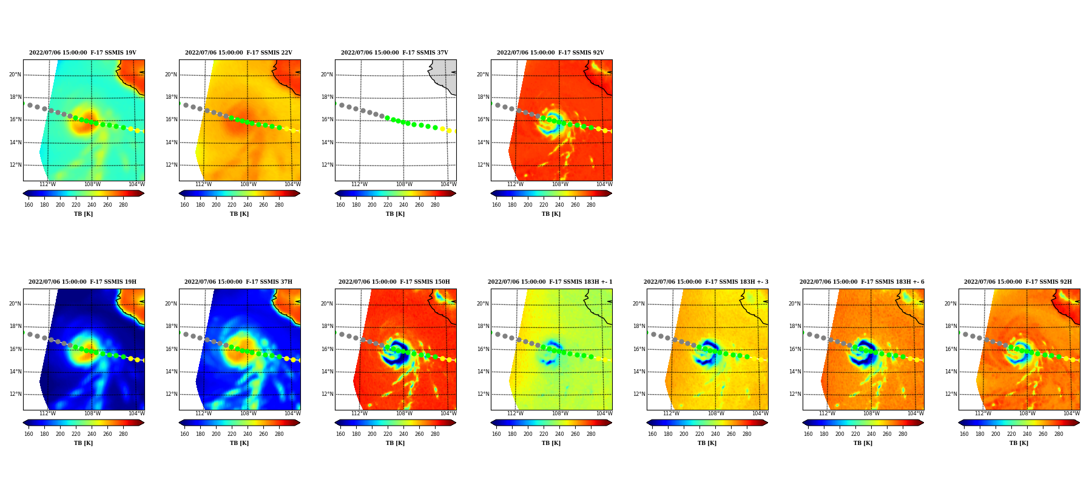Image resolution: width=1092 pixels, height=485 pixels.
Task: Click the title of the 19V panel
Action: (83, 53)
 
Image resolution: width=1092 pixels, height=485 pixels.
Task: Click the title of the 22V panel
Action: (238, 53)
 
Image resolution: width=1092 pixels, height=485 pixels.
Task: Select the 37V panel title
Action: (394, 53)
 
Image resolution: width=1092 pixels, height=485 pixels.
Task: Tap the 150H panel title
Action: (394, 282)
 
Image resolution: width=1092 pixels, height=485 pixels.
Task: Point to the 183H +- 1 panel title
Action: (550, 282)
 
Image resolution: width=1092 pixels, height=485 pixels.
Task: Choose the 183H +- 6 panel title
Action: (862, 282)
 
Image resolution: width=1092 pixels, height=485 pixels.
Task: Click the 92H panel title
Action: (1018, 282)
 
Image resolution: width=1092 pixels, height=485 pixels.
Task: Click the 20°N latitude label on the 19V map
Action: (15, 75)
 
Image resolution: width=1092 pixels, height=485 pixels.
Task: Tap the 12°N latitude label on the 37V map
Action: (327, 165)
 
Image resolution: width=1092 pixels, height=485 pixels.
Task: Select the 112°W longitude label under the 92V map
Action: (515, 184)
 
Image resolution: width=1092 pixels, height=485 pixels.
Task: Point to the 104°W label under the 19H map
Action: (136, 413)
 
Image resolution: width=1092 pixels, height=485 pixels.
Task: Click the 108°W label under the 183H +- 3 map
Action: (716, 413)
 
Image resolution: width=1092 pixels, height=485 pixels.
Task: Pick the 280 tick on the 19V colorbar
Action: (123, 205)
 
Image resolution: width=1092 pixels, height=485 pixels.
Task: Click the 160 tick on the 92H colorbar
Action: (964, 434)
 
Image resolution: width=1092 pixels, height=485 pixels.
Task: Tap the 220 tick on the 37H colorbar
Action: (232, 434)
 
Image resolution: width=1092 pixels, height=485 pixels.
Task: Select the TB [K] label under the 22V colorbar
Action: (239, 214)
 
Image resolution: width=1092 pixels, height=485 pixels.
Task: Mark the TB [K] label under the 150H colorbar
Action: (395, 443)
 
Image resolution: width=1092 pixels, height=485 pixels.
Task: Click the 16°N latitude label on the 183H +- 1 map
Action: (483, 349)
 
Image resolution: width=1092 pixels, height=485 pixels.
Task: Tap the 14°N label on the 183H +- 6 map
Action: (795, 372)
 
